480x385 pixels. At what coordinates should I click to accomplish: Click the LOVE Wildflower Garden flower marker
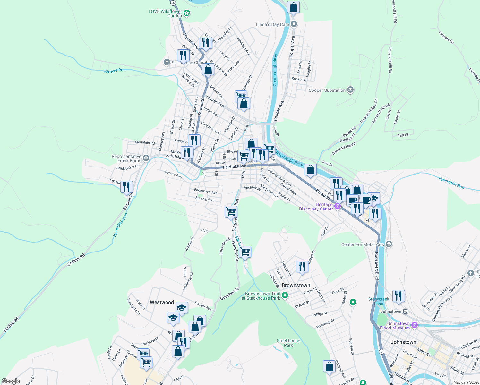point(187,13)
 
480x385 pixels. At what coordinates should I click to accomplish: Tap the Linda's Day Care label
point(272,24)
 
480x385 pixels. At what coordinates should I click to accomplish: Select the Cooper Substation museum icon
point(350,90)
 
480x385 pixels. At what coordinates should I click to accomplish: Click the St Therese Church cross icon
point(167,62)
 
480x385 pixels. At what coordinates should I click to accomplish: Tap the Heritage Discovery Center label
point(316,207)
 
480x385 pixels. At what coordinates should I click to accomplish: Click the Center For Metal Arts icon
point(389,244)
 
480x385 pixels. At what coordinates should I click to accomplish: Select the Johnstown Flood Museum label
point(395,326)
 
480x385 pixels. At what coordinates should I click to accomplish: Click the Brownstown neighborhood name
point(296,285)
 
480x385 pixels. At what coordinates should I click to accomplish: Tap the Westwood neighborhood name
point(162,302)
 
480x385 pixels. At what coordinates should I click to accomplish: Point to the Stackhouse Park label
point(288,343)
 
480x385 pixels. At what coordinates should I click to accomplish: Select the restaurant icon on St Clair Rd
point(127,186)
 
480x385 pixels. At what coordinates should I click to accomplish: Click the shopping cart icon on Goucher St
point(245,252)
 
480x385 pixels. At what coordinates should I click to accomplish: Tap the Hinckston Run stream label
point(451,183)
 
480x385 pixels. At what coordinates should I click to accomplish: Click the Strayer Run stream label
point(115,71)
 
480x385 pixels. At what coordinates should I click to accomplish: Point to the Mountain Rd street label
point(145,142)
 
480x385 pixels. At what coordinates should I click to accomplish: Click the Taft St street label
point(403,135)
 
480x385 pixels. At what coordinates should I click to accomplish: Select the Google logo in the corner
point(11,381)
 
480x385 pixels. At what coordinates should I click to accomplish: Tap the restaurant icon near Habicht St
point(302,266)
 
